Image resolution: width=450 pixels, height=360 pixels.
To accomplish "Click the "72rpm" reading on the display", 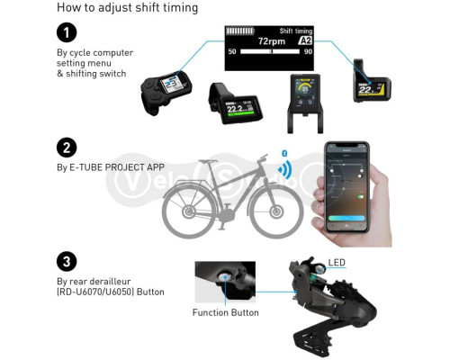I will (272, 41).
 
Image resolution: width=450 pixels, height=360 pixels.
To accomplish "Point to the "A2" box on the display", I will (305, 42).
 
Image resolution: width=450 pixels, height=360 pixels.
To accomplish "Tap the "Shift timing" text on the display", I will (298, 31).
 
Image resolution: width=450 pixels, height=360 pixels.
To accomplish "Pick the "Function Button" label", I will (226, 313).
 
